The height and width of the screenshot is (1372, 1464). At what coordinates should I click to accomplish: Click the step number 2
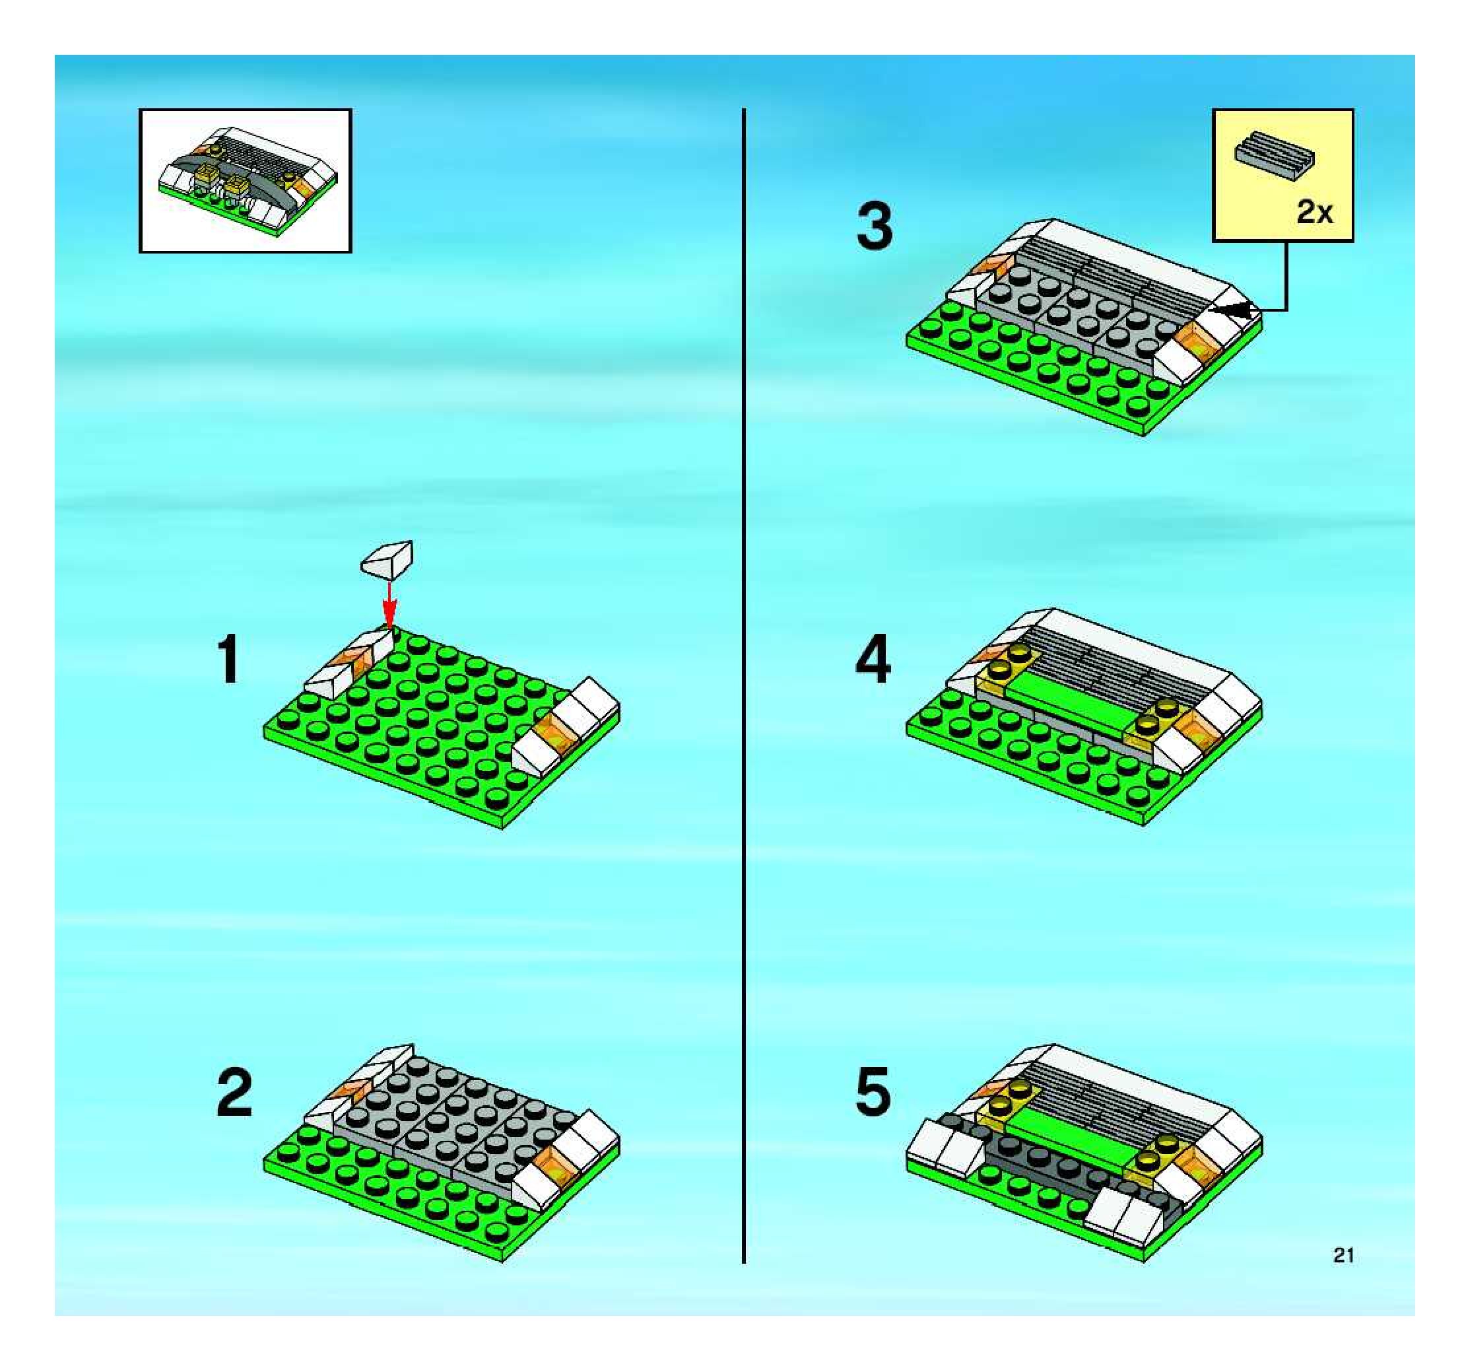coord(234,1093)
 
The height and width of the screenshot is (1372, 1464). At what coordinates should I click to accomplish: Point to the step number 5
coord(873,1092)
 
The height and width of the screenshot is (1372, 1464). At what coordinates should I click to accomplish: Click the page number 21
coord(1343,1255)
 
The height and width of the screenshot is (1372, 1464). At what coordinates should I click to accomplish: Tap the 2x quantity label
coord(1315,213)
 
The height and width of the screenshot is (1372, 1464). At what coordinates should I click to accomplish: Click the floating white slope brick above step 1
coord(387,561)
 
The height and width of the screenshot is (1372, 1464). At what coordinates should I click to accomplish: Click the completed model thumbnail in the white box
coord(246,181)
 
